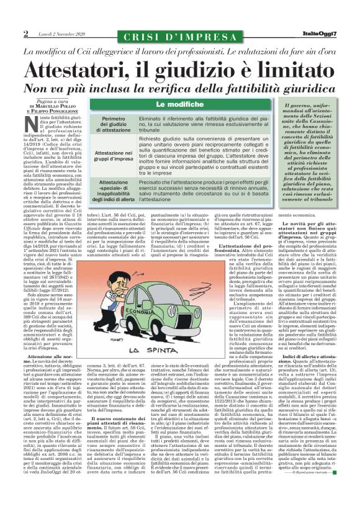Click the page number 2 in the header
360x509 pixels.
[27, 34]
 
